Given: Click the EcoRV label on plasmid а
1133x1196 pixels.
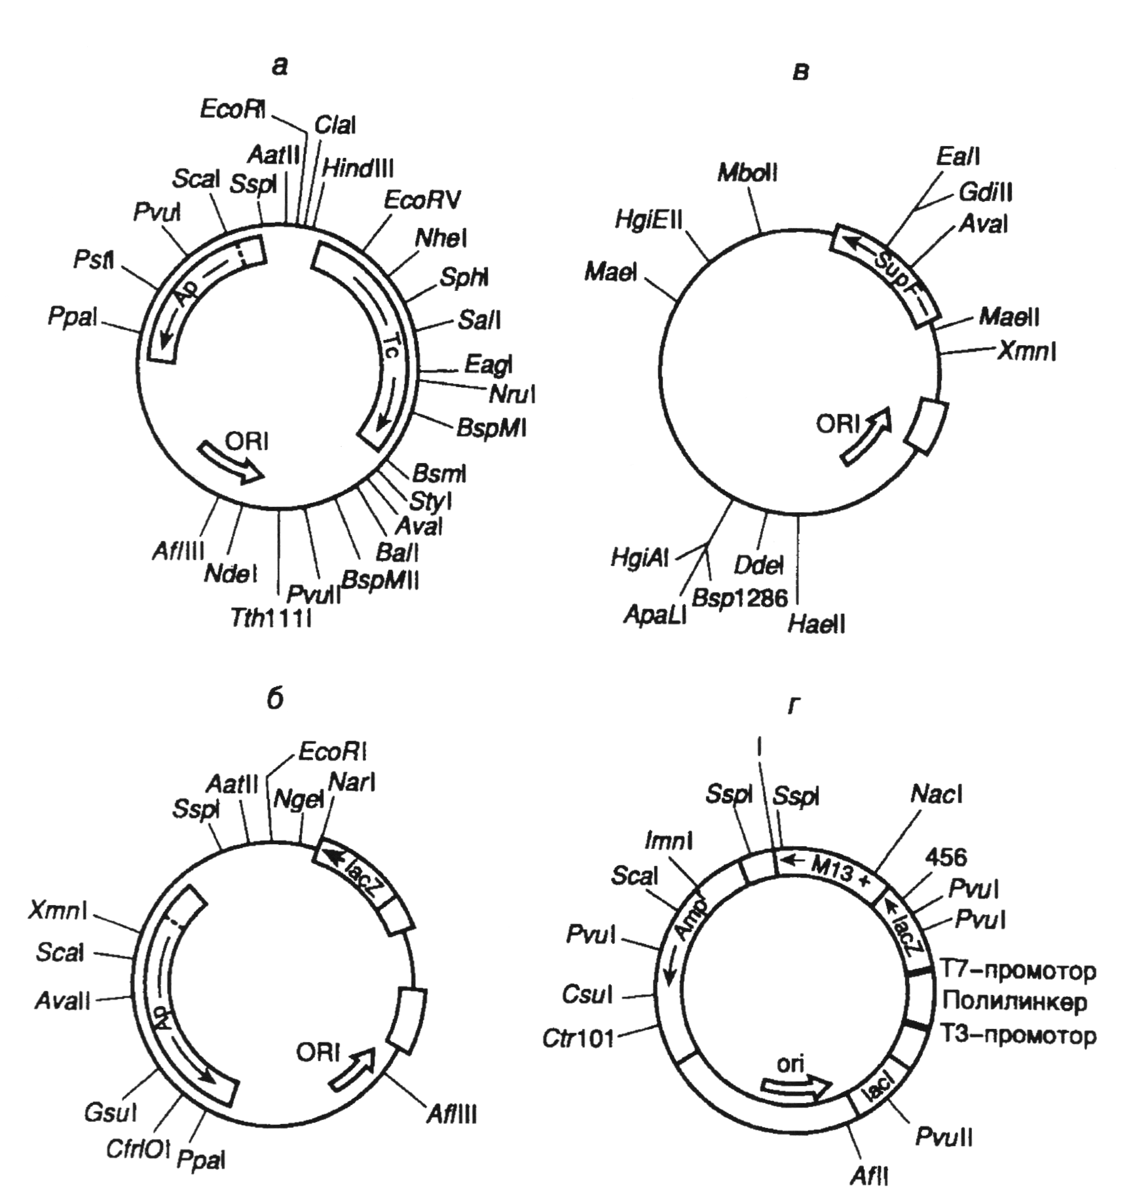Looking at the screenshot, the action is pos(422,199).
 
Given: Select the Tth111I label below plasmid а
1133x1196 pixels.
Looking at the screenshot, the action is pos(270,618).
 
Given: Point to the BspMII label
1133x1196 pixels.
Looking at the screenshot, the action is pos(381,579).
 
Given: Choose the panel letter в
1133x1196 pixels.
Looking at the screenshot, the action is pos(800,72).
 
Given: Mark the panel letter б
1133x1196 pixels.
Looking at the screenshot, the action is pos(275,699).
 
